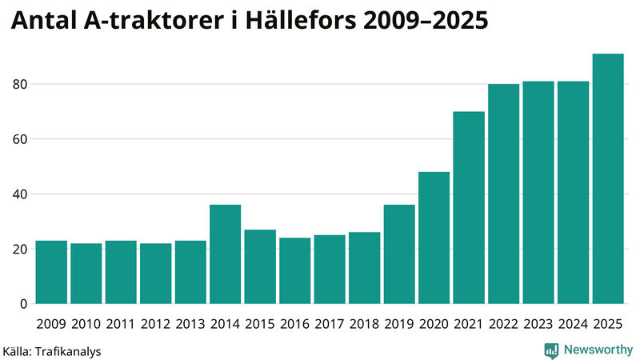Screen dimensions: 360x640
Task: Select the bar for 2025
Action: coord(608,179)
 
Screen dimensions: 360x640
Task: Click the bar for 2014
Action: coord(225,254)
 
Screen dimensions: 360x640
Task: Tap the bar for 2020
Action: coord(434,238)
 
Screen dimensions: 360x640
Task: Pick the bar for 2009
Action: coord(51,272)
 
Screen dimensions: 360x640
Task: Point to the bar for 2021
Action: coord(469,208)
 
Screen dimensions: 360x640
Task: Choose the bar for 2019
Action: coord(399,254)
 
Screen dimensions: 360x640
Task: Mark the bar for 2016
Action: coord(294,270)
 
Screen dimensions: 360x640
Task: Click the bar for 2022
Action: coord(503,194)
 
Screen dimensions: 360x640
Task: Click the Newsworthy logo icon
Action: coord(551,350)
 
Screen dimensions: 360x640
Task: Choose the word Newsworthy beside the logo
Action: coord(598,350)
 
